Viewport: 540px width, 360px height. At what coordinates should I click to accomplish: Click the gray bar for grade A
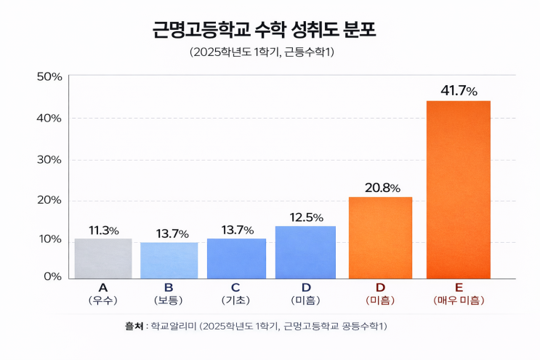[x=102, y=258]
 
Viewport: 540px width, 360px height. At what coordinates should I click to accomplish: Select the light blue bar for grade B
[x=169, y=260]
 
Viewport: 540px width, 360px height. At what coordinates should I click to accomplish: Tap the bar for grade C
[x=236, y=258]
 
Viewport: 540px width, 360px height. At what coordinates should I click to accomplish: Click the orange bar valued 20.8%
[x=380, y=237]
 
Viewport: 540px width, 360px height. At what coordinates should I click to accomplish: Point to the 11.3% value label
[x=104, y=231]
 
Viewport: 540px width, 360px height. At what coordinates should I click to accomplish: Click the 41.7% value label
[x=459, y=91]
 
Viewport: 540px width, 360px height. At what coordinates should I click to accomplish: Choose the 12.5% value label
[x=305, y=217]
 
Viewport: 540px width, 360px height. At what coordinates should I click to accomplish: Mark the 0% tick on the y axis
[x=52, y=277]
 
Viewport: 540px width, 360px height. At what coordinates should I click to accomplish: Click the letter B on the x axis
[x=169, y=287]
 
